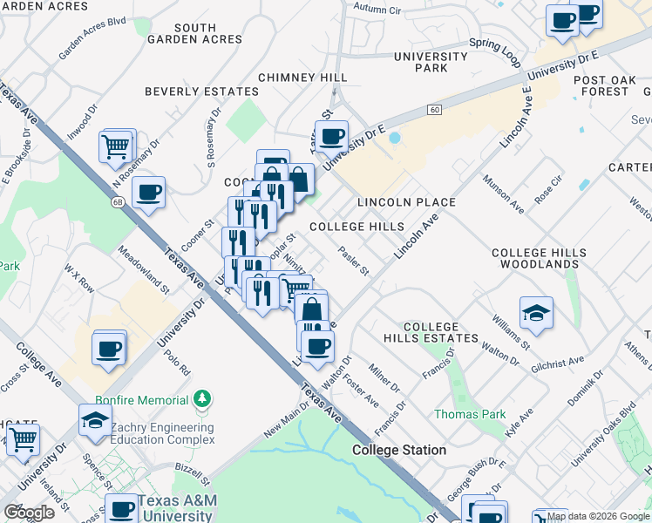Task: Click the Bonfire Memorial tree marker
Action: tap(202, 398)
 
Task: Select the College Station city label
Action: tap(399, 451)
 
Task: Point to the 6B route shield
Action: tap(116, 201)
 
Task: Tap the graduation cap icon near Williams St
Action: tap(535, 313)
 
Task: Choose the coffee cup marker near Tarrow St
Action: tap(331, 136)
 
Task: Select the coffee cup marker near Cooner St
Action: tap(148, 192)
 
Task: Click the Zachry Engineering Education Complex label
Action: tap(159, 433)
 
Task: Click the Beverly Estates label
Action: tap(201, 92)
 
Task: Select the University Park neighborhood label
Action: tap(420, 62)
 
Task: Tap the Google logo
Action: tap(29, 512)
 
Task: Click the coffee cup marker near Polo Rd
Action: tap(109, 348)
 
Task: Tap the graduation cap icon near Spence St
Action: tap(95, 420)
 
